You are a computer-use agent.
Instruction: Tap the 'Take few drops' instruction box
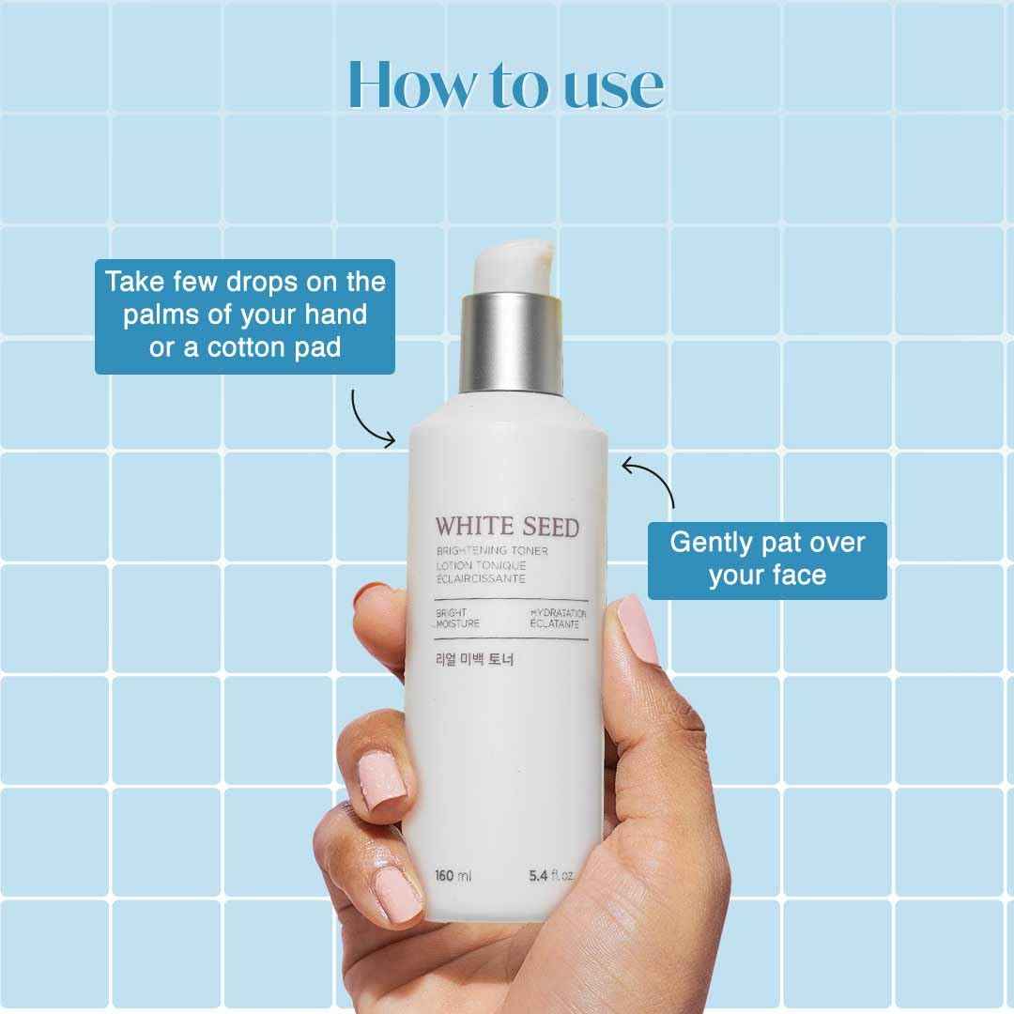coord(245,315)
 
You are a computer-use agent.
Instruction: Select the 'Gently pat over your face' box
coord(767,560)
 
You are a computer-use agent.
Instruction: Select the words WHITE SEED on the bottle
coord(507,527)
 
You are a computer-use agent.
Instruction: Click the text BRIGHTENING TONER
coord(491,550)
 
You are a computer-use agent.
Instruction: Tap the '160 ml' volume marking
coord(453,876)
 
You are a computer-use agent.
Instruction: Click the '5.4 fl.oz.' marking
coord(552,876)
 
